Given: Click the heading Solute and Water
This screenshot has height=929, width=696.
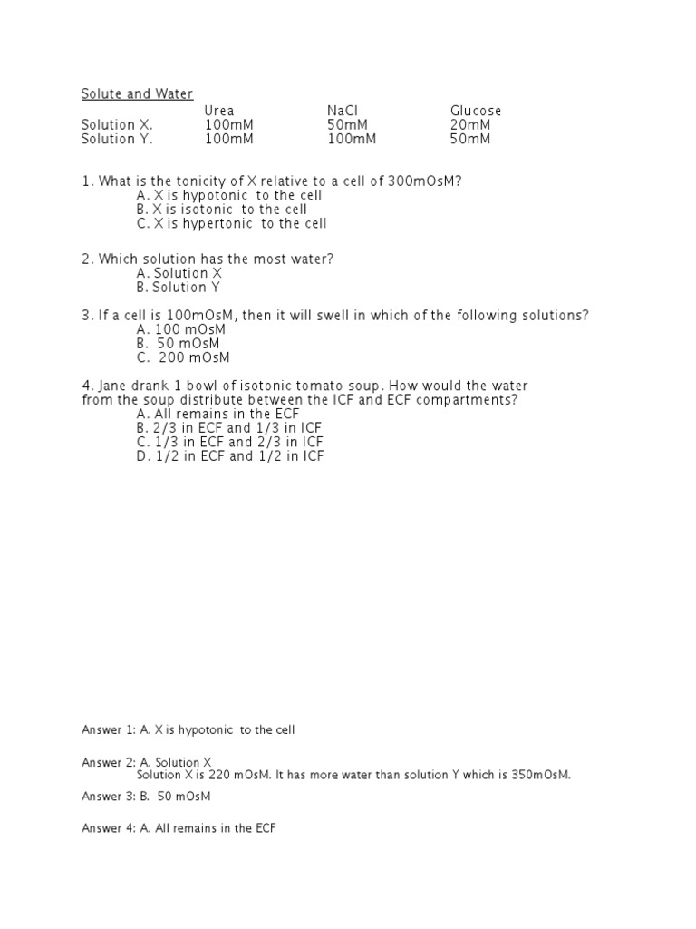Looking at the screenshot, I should pyautogui.click(x=137, y=94).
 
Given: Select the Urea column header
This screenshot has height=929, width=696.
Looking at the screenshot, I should pyautogui.click(x=218, y=111).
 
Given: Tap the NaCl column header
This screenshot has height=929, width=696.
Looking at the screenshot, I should pyautogui.click(x=343, y=111).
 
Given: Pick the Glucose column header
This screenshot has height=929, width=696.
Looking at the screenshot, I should pyautogui.click(x=476, y=111).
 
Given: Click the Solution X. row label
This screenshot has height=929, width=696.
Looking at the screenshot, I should pyautogui.click(x=117, y=125).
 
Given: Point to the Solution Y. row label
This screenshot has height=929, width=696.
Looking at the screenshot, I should pyautogui.click(x=117, y=139).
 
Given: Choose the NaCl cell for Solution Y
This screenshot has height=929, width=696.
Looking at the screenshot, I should pyautogui.click(x=352, y=139).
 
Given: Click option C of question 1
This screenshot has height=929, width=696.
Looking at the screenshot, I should pyautogui.click(x=231, y=223).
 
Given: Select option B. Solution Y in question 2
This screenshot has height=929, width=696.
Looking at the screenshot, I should pyautogui.click(x=179, y=287).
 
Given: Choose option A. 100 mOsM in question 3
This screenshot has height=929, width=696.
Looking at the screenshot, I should pyautogui.click(x=180, y=329).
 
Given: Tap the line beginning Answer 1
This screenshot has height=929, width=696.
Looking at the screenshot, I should pyautogui.click(x=188, y=729).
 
